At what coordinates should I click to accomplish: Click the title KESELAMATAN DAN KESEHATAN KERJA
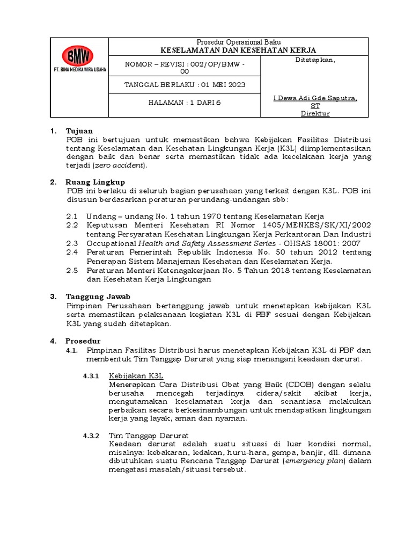(x=239, y=50)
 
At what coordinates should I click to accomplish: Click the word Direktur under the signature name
(x=315, y=113)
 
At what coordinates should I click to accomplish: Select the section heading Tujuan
(x=79, y=131)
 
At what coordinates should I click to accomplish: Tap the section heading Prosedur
(x=83, y=341)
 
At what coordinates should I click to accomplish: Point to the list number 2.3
(x=72, y=243)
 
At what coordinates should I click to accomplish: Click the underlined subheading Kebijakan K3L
(x=136, y=376)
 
